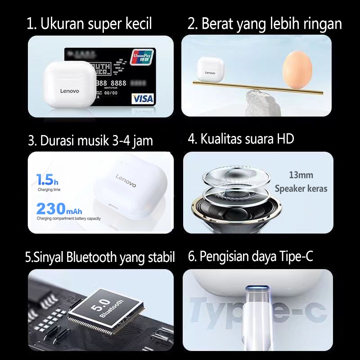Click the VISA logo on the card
(143, 98)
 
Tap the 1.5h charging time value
(47, 181)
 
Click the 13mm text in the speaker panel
(301, 175)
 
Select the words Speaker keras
(301, 189)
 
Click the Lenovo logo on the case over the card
(69, 91)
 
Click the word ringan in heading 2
(324, 24)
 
